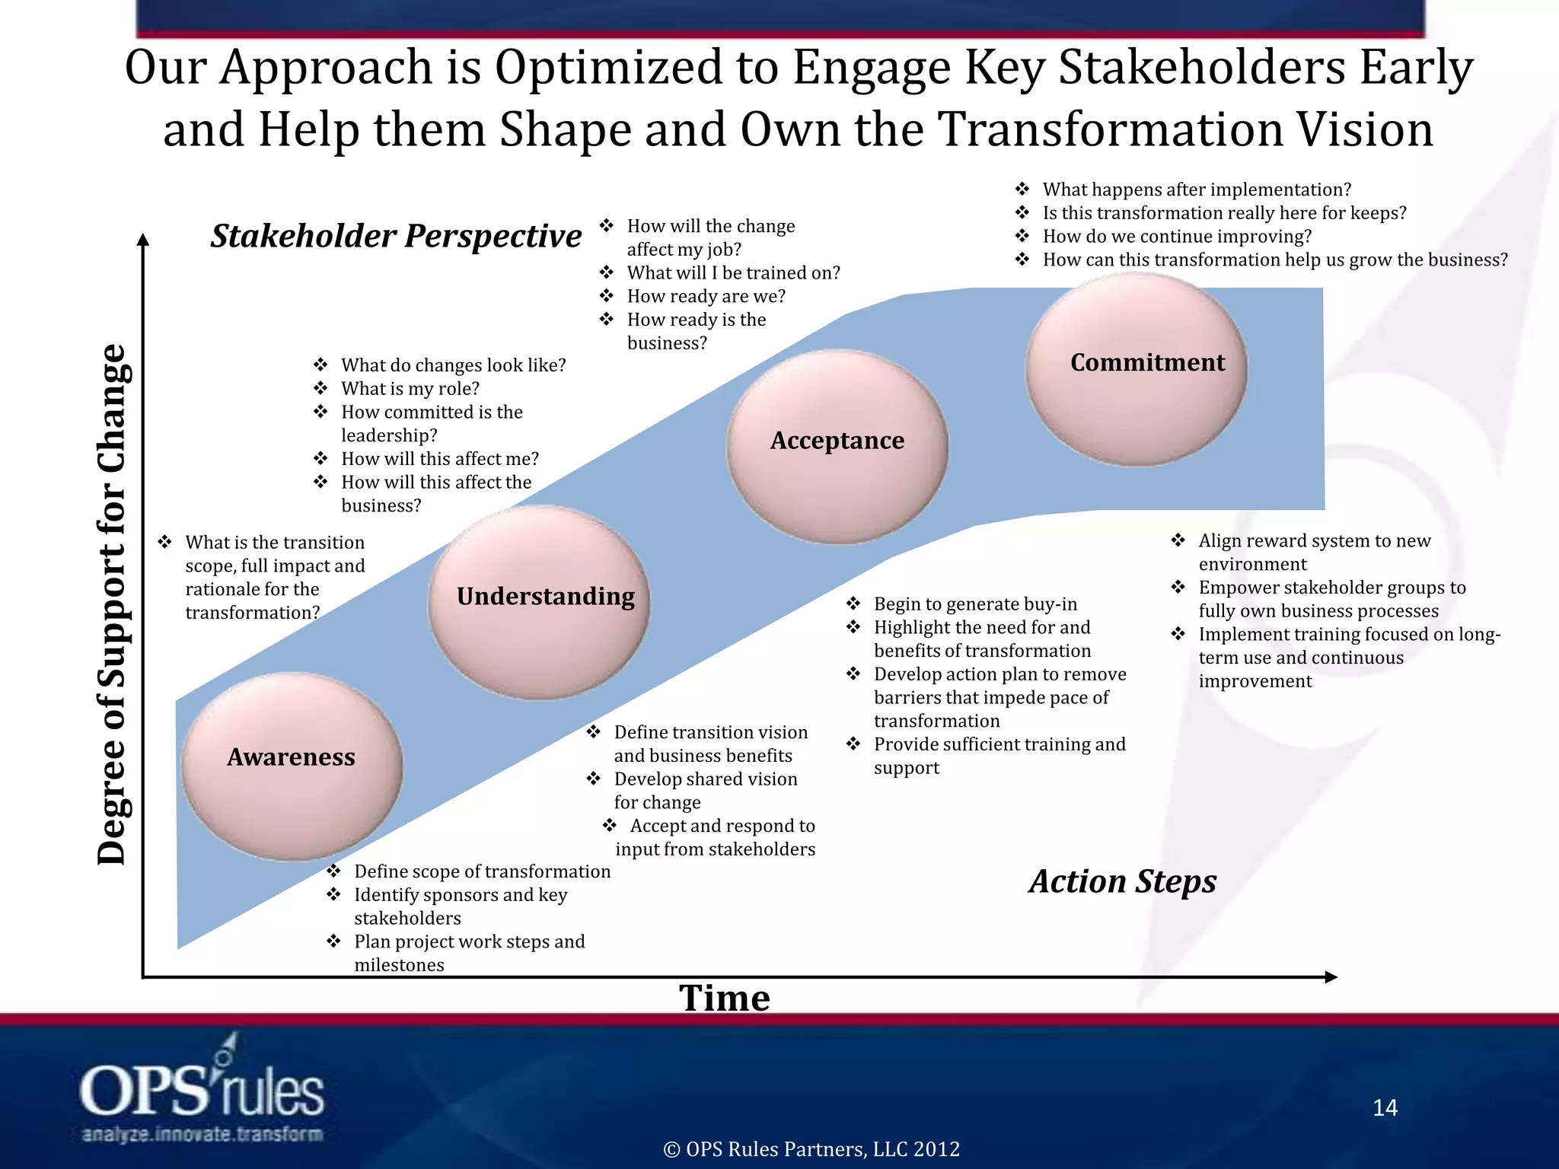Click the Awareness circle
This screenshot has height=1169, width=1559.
(x=292, y=766)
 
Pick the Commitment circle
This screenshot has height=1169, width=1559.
(x=1137, y=369)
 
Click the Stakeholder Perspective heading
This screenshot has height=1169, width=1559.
(x=396, y=236)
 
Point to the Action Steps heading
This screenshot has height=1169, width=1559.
(x=1123, y=881)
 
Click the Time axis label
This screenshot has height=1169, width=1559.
(x=724, y=998)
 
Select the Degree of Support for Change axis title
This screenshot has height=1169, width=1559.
(x=112, y=605)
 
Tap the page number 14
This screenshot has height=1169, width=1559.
(x=1385, y=1107)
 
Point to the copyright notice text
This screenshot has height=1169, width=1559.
(x=811, y=1149)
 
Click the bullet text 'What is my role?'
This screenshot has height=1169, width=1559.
(x=410, y=389)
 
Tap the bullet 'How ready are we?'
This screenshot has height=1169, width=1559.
(x=706, y=296)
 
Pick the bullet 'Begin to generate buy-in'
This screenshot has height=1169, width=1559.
(x=975, y=604)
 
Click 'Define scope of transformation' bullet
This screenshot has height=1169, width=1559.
(x=482, y=871)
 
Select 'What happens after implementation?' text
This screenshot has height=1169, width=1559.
(x=1197, y=190)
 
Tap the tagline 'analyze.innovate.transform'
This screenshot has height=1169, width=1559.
(x=202, y=1134)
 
